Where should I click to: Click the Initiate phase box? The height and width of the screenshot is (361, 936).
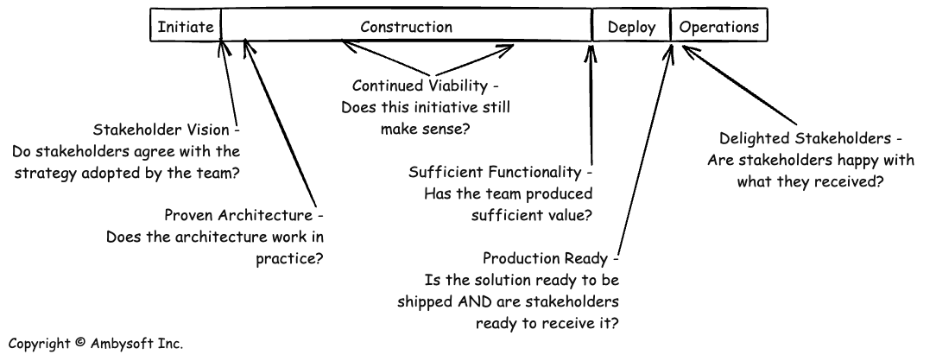coord(185,27)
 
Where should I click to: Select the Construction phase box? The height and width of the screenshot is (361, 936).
coord(406,27)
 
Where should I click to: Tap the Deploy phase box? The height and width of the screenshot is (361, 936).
coord(631,27)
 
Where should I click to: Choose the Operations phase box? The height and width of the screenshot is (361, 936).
coord(719,27)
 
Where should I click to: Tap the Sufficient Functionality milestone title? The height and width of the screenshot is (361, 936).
coord(500,171)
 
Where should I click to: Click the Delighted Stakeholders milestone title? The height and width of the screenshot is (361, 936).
coord(811,138)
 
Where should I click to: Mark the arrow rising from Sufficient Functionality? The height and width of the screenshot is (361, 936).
coord(591,104)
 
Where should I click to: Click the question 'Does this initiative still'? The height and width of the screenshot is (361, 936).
coord(426,108)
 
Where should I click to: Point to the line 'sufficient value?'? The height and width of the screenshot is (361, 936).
coord(528,215)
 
